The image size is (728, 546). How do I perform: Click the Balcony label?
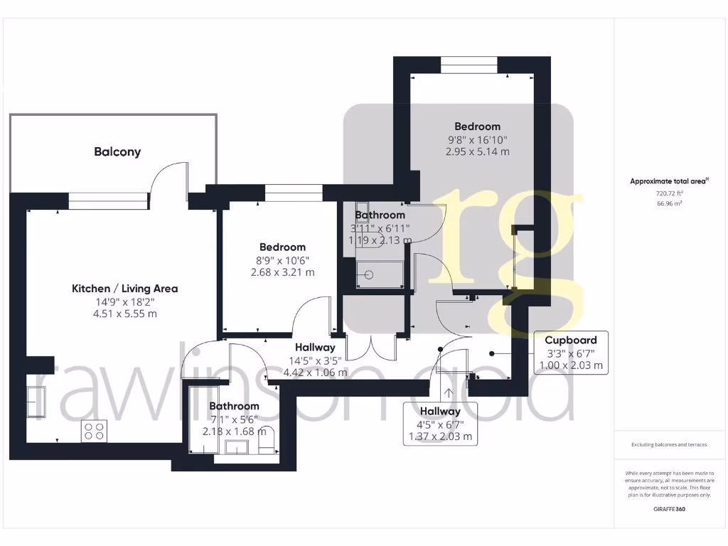[117, 151]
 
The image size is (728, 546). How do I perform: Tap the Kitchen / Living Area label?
[124, 289]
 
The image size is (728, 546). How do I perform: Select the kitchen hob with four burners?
[94, 431]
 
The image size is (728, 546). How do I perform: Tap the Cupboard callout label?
[571, 340]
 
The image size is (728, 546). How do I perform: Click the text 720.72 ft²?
[668, 193]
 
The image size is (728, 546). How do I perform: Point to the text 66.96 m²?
[668, 203]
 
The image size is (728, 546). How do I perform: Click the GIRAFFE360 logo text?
[669, 509]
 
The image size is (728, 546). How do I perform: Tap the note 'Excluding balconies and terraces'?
[669, 444]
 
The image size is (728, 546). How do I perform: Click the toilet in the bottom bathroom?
[266, 445]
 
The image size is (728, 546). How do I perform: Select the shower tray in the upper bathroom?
[380, 274]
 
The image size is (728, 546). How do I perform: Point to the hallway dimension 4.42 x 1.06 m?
[315, 372]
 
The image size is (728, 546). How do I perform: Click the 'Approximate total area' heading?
[668, 181]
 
